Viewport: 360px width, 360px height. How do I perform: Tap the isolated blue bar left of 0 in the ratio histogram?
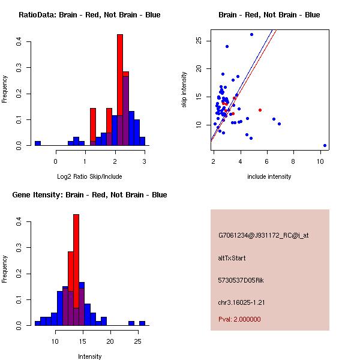pyautogui.click(x=37, y=143)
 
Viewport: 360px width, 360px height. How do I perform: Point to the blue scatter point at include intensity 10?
pyautogui.click(x=325, y=145)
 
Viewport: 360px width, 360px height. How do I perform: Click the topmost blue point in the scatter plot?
pyautogui.click(x=251, y=34)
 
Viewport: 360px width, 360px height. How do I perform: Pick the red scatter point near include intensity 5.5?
pyautogui.click(x=260, y=110)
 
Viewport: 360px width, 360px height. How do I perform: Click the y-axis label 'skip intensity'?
pyautogui.click(x=184, y=90)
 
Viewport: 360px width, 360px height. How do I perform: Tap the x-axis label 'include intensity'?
pyautogui.click(x=269, y=176)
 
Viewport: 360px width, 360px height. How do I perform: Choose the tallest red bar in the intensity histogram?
pyautogui.click(x=76, y=270)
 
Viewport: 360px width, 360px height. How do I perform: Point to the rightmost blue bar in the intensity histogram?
pyautogui.click(x=142, y=323)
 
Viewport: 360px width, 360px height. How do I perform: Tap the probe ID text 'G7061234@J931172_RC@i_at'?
pyautogui.click(x=263, y=236)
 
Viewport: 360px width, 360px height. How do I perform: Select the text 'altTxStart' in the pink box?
pyautogui.click(x=232, y=258)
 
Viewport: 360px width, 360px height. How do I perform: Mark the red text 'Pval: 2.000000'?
pyautogui.click(x=239, y=319)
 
